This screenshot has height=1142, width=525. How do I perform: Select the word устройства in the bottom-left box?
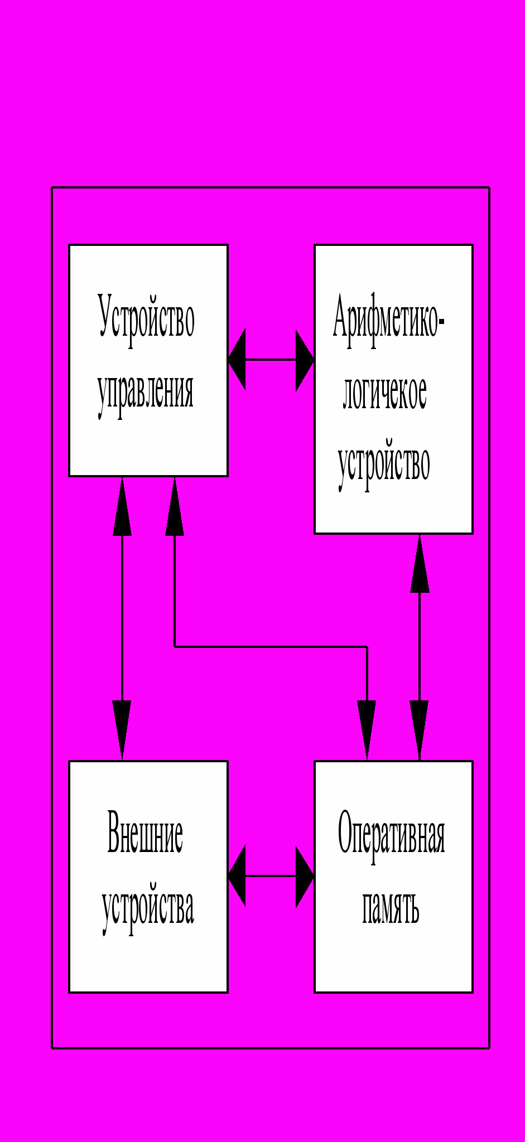[148, 908]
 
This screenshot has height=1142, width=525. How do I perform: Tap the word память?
[391, 908]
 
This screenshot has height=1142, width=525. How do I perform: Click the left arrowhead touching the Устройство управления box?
[237, 360]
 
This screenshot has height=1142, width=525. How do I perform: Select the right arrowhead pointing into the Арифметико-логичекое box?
[304, 360]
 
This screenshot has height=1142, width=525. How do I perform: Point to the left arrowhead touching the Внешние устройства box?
[237, 876]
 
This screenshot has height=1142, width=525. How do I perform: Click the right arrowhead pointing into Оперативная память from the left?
[304, 876]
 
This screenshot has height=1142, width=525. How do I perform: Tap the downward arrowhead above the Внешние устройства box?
[122, 728]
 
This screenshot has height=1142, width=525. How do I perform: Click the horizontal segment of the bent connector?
[271, 647]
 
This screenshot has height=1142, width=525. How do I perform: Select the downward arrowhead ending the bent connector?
[367, 728]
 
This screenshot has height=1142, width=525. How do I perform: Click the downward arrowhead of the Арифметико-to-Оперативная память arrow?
[420, 728]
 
